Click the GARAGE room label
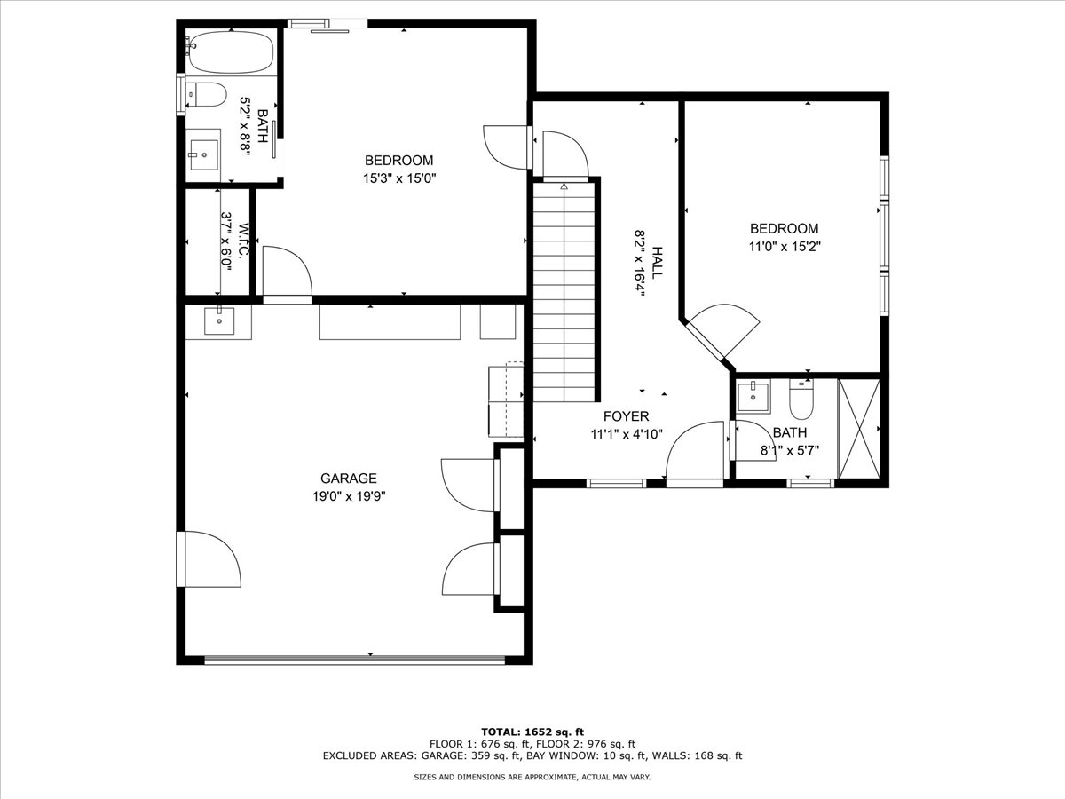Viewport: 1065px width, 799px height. [x=349, y=479]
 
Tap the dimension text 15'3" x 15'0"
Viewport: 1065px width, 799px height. [x=399, y=179]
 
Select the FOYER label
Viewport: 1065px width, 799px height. [x=626, y=416]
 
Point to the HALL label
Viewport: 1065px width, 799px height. [x=657, y=263]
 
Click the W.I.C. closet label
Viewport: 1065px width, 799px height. [x=244, y=241]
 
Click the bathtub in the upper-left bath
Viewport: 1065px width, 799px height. [x=231, y=51]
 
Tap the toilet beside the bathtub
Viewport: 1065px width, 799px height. [x=207, y=95]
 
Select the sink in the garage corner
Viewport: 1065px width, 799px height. [x=219, y=320]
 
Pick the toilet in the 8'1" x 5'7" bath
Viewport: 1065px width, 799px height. [x=801, y=399]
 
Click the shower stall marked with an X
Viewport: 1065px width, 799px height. [x=859, y=429]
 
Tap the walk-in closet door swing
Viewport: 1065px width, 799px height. [x=287, y=271]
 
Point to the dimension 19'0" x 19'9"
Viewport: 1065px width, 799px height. [x=349, y=497]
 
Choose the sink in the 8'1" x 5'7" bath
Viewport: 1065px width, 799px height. [x=753, y=398]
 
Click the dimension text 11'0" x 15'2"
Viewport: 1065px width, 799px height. [x=784, y=247]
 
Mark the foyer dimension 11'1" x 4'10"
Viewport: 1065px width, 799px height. [x=627, y=435]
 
